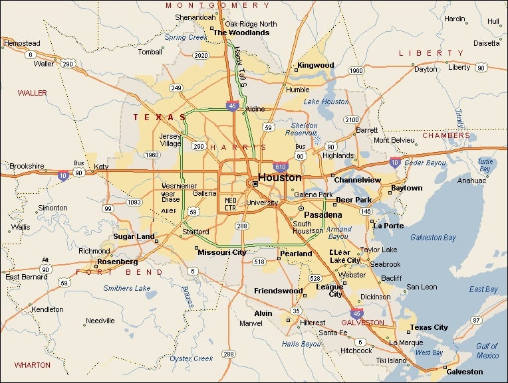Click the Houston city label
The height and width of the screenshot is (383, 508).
[279, 177]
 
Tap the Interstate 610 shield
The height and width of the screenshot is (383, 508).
[280, 167]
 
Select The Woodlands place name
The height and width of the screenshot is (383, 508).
[241, 32]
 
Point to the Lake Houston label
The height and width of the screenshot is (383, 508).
[326, 102]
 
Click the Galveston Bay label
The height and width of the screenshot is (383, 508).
[433, 237]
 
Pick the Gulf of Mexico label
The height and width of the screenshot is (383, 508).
[487, 350]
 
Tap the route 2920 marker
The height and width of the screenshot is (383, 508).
[200, 55]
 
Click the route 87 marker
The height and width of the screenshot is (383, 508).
[476, 320]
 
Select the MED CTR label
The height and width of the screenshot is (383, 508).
[231, 202]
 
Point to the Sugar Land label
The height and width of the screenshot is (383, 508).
[134, 236]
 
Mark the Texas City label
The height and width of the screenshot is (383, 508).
[429, 327]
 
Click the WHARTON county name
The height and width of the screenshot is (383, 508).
[32, 364]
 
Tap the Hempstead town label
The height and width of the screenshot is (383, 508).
[22, 43]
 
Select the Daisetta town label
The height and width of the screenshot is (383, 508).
[486, 43]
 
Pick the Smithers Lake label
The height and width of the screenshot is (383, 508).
[126, 288]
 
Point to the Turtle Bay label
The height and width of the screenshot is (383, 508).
[485, 165]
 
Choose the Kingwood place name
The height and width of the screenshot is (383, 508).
[315, 65]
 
